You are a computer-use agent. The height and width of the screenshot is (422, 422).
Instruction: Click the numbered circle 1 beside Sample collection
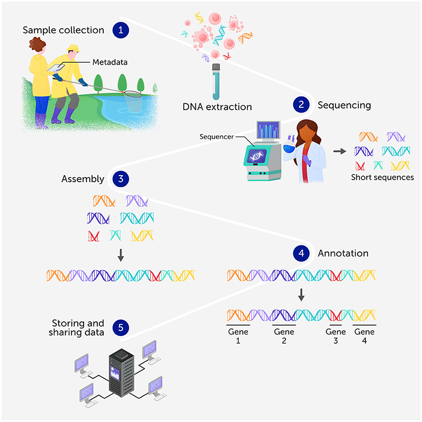click(x=121, y=30)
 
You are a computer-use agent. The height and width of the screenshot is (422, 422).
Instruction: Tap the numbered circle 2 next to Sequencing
click(x=301, y=105)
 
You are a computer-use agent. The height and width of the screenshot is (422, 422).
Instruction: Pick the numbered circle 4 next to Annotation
click(x=301, y=253)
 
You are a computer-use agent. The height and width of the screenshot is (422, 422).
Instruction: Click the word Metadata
click(x=109, y=62)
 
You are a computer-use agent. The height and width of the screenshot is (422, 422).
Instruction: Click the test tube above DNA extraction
click(x=216, y=82)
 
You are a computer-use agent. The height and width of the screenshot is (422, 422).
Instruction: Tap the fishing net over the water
click(x=134, y=101)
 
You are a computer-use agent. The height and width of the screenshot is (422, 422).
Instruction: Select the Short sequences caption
click(x=382, y=178)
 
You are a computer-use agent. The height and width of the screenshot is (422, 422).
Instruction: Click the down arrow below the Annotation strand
click(x=301, y=295)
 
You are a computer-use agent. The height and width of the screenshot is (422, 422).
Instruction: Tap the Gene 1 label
click(x=238, y=336)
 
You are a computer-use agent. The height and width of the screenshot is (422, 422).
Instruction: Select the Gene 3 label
click(x=335, y=336)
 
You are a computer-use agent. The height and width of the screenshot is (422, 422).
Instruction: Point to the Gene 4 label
click(x=364, y=336)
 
